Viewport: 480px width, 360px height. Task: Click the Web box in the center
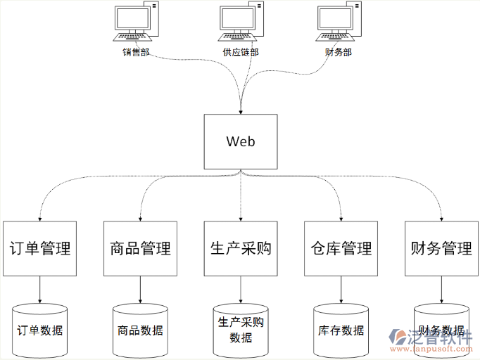point(240,141)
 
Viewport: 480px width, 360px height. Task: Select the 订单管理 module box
point(39,248)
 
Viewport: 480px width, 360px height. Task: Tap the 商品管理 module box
point(140,248)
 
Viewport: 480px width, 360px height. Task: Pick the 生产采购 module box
point(241,248)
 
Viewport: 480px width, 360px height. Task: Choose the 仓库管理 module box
point(341,248)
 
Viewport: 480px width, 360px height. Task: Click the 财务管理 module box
point(441,248)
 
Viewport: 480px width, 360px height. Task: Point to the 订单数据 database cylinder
point(39,329)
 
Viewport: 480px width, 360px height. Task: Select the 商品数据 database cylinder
point(140,329)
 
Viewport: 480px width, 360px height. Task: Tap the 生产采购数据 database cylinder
point(241,329)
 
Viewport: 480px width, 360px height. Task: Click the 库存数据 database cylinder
point(341,329)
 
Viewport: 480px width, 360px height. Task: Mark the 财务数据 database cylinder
point(441,328)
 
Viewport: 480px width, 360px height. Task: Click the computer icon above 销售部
point(136,25)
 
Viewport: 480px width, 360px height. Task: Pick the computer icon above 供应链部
point(241,25)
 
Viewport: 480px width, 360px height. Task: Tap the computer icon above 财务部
point(339,25)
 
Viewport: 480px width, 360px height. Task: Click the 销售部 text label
point(136,52)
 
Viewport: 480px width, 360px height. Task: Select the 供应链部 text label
point(241,52)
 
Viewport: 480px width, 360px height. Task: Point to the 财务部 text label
point(339,52)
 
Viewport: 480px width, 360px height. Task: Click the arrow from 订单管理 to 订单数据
point(39,289)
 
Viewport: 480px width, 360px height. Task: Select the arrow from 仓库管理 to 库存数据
point(341,289)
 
